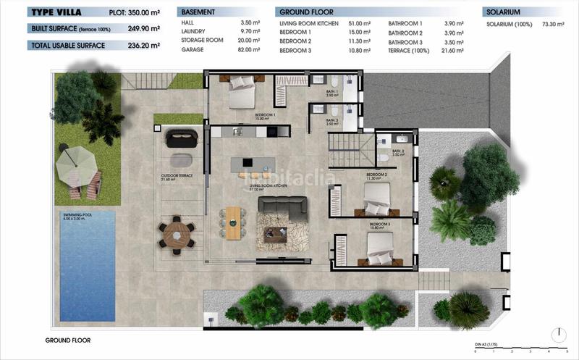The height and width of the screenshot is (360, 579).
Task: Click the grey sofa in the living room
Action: click(x=282, y=207)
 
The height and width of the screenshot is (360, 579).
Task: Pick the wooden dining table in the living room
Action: click(x=233, y=222)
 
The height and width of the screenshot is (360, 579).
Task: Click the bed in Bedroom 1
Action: click(x=241, y=93)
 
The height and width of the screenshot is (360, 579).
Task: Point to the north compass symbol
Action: click(x=559, y=335)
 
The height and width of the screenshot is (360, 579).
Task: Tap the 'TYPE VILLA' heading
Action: click(x=55, y=12)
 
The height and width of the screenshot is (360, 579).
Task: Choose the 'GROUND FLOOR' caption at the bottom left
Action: click(x=67, y=339)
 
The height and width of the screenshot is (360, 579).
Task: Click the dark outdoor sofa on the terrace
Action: click(x=180, y=138)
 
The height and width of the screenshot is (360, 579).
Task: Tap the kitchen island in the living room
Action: click(x=253, y=165)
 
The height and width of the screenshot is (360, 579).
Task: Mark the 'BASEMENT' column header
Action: click(x=198, y=12)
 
